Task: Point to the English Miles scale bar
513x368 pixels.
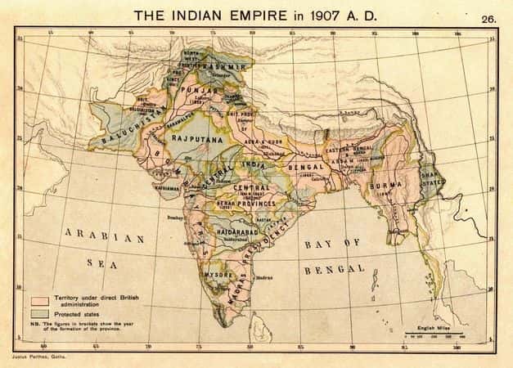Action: point(434,333)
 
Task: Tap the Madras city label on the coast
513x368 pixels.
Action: point(263,278)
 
